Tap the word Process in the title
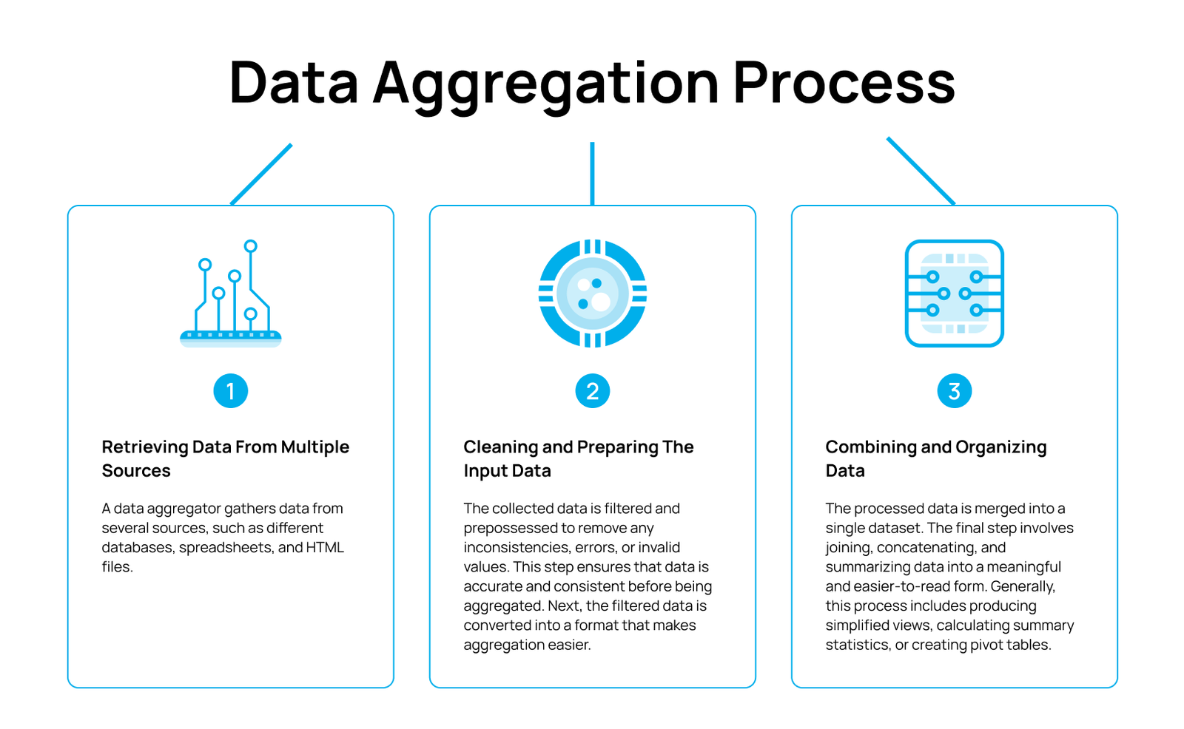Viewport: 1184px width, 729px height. (844, 82)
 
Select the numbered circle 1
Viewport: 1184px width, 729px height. (230, 391)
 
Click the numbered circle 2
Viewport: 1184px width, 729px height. (593, 391)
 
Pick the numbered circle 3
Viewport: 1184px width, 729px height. (954, 391)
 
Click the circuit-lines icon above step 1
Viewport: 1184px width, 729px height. (230, 294)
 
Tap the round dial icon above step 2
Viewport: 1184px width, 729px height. (593, 294)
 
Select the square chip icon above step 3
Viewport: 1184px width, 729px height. (954, 294)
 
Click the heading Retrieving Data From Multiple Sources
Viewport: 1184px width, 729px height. (225, 458)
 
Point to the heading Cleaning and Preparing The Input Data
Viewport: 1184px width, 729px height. (578, 458)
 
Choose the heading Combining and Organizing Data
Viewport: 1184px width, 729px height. (936, 458)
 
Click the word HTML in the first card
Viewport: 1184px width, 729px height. (325, 547)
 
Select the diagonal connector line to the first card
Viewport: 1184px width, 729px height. (261, 174)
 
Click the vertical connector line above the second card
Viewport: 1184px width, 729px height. (593, 173)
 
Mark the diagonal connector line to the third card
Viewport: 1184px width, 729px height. (921, 171)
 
